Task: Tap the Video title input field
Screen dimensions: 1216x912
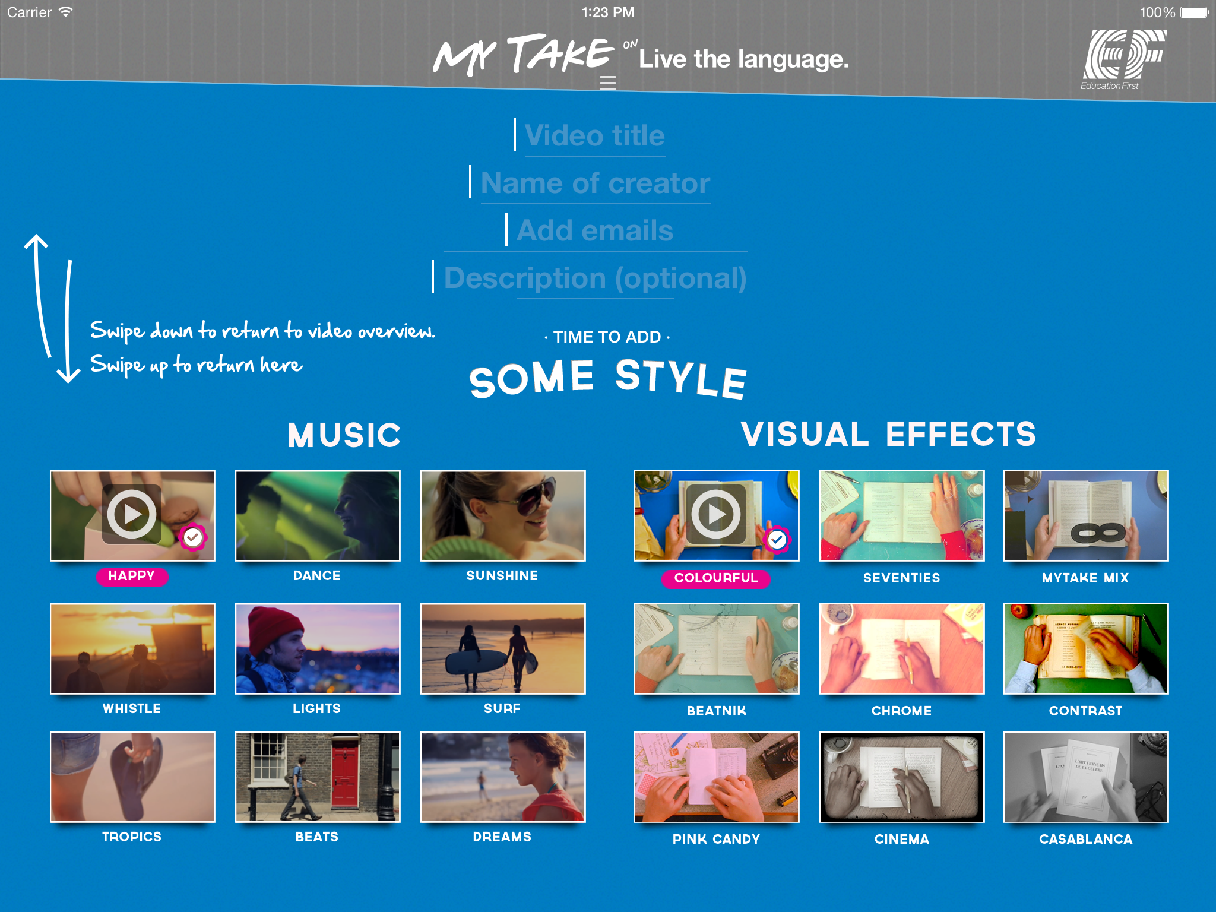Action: (595, 136)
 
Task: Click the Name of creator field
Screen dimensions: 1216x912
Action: (596, 183)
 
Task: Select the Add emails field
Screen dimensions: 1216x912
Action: (595, 231)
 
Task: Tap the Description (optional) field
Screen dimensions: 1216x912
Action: (595, 278)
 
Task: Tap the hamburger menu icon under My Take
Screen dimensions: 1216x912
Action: (608, 83)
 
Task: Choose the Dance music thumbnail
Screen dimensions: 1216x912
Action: (318, 516)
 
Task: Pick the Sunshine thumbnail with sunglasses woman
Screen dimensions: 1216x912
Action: (503, 516)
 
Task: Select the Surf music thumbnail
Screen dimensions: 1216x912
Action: (503, 649)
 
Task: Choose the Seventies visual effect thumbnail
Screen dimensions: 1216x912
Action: (902, 516)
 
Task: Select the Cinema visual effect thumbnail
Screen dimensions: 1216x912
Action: (902, 777)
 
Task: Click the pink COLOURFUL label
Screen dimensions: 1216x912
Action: (716, 578)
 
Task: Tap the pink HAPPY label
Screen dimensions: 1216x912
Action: (132, 576)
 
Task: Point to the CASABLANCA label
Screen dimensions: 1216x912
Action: (1086, 839)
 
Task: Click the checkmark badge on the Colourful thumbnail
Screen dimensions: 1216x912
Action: (777, 539)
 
